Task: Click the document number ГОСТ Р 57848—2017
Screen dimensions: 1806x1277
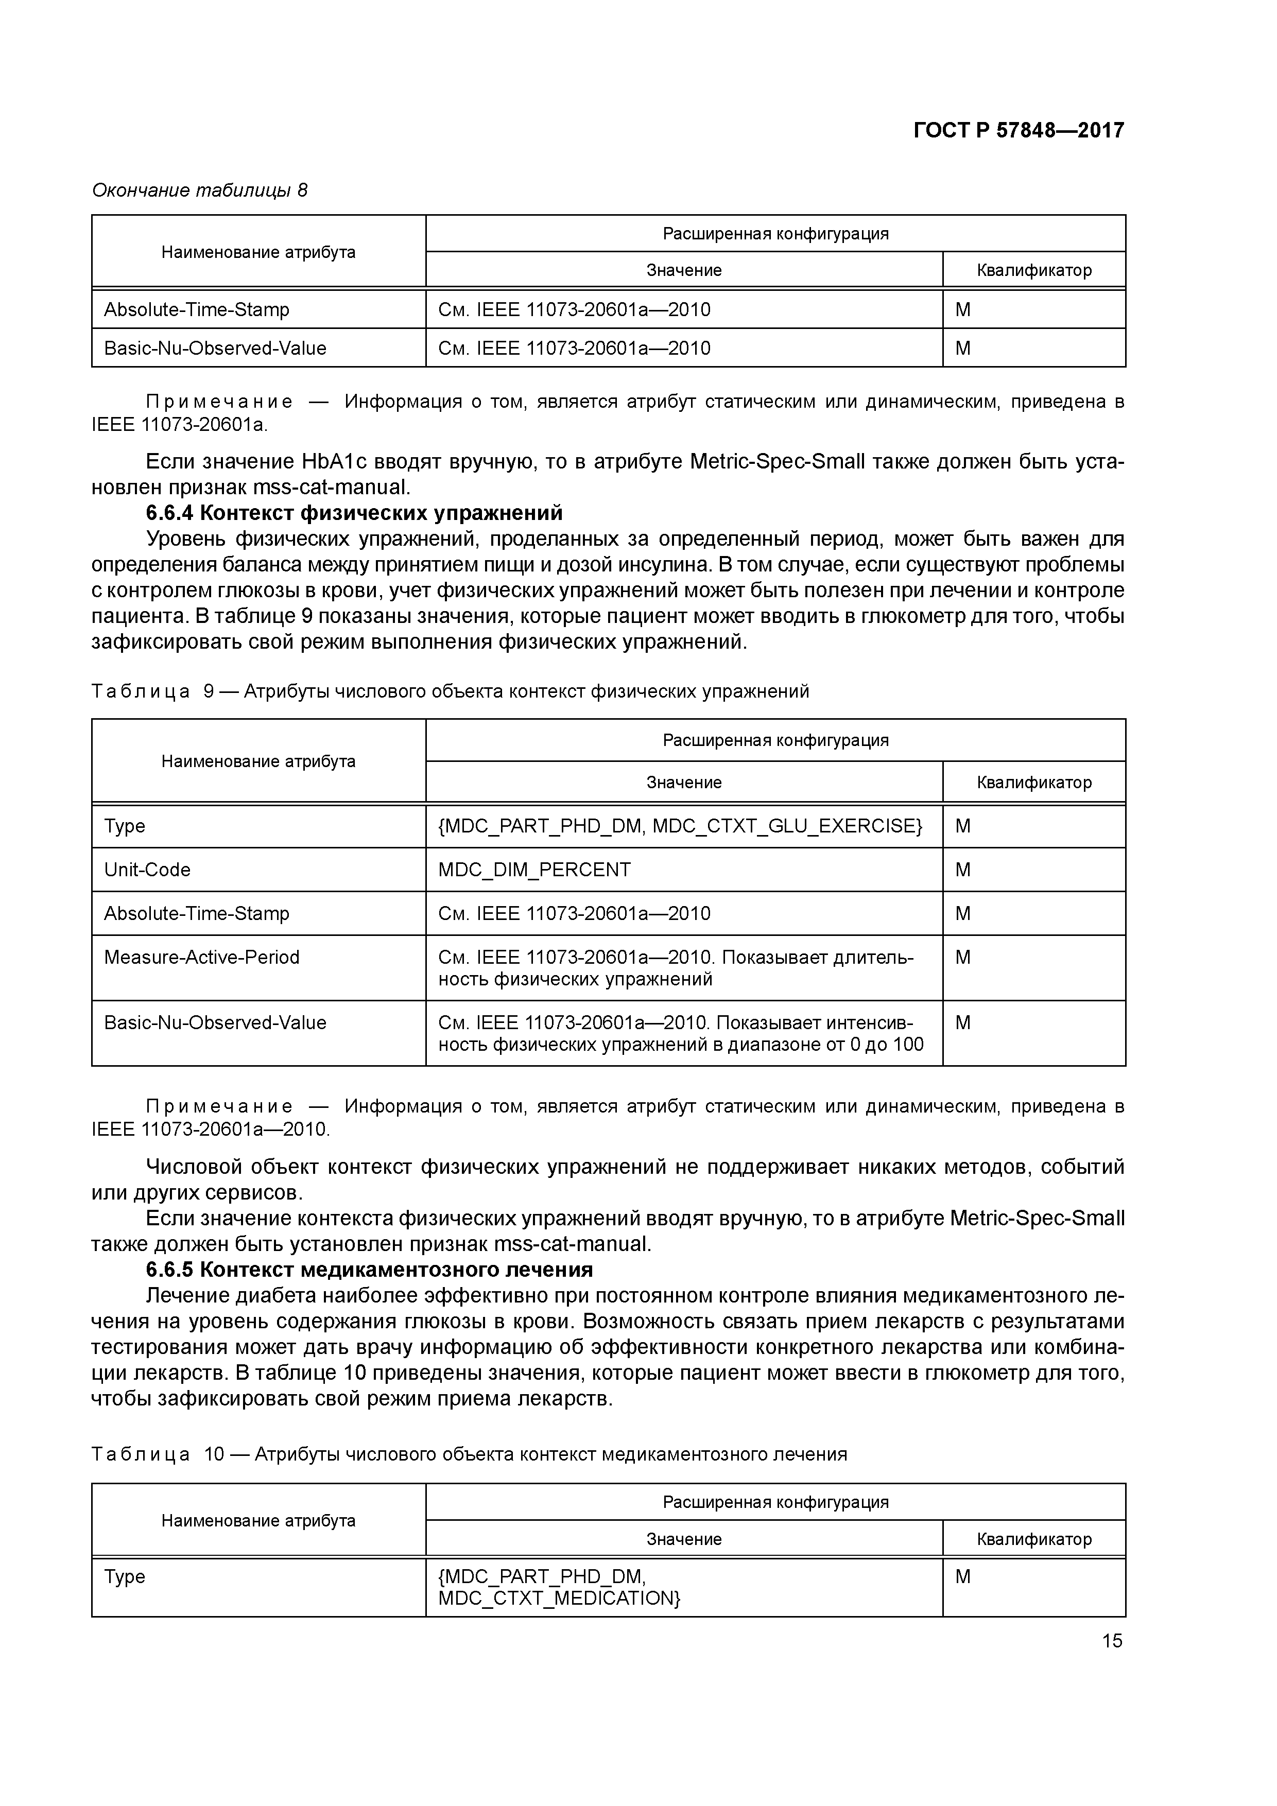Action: (x=1018, y=130)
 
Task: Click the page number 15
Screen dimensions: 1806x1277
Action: (x=1112, y=1640)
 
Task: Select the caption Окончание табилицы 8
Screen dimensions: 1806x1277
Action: (x=200, y=190)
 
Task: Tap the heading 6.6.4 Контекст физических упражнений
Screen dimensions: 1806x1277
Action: (x=354, y=513)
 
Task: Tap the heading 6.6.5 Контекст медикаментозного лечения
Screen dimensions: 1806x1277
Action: (x=369, y=1270)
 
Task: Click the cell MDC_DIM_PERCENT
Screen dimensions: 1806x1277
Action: (x=534, y=869)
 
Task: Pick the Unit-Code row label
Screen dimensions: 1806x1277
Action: (x=147, y=869)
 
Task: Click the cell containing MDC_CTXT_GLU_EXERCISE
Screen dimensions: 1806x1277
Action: (x=680, y=825)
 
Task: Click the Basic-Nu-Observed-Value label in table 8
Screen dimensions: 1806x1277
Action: (x=215, y=348)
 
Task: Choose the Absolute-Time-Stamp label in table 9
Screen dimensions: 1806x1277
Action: (x=197, y=913)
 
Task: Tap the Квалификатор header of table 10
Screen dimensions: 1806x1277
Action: (x=1034, y=1539)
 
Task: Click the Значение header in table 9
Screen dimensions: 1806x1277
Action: (x=684, y=782)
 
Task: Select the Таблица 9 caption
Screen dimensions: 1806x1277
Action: (x=450, y=691)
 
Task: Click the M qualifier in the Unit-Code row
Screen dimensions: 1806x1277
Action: (x=963, y=869)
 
